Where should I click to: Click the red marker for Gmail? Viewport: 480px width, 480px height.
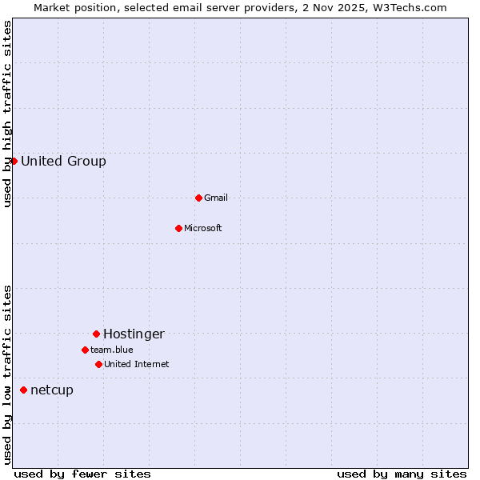click(198, 198)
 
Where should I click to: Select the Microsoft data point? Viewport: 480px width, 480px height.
click(179, 228)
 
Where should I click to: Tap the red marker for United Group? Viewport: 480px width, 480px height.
click(14, 161)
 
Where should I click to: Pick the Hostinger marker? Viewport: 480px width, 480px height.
click(96, 334)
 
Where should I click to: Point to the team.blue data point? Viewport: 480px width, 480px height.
click(85, 350)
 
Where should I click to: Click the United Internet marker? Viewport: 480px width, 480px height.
click(98, 364)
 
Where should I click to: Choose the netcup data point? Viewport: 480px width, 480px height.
click(23, 390)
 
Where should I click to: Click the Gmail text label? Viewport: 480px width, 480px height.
click(216, 198)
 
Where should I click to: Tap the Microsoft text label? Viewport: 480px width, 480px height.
click(203, 228)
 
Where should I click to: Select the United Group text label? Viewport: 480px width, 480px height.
click(63, 161)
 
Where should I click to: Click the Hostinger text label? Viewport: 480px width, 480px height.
click(134, 334)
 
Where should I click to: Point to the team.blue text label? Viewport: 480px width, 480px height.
click(112, 350)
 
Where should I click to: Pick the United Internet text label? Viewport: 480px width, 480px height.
click(137, 364)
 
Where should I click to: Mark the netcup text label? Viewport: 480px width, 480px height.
click(52, 390)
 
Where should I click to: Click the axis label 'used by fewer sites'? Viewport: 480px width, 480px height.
click(82, 474)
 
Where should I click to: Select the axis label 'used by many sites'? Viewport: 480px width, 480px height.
click(402, 474)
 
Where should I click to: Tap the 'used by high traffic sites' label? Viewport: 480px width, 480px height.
click(7, 114)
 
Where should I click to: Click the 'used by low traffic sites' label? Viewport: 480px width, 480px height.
click(7, 374)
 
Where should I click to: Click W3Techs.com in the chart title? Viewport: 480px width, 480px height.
click(410, 7)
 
